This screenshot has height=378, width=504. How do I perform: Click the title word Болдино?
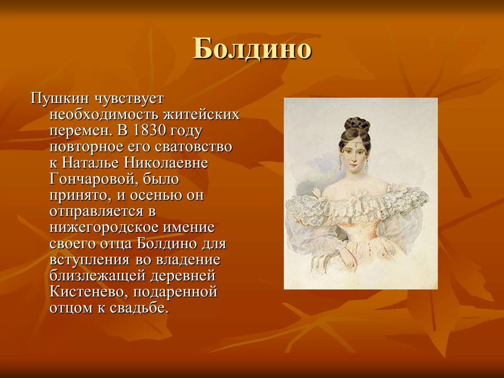(252, 49)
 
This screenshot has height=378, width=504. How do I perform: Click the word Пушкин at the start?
(60, 99)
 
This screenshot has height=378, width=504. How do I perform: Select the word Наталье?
(90, 163)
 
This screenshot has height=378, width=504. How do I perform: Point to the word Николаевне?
(166, 163)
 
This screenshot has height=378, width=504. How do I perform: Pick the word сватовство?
(194, 147)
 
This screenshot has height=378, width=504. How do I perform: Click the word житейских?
(202, 115)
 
